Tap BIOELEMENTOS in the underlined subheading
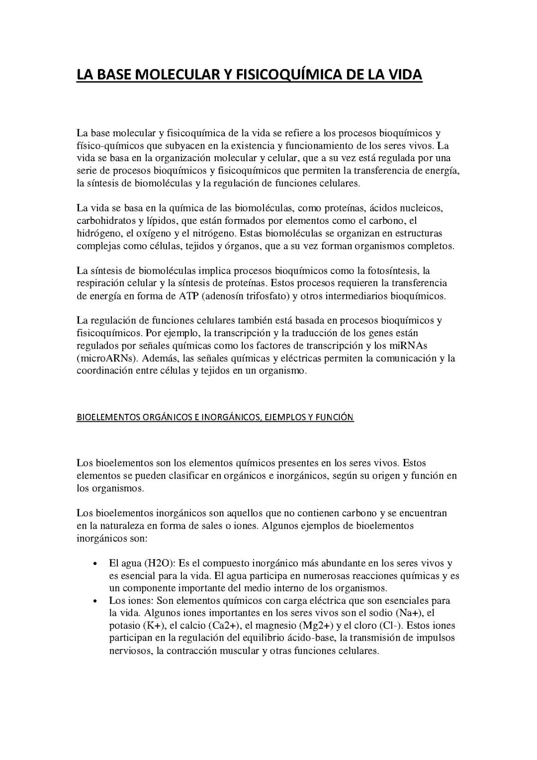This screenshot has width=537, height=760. pos(108,417)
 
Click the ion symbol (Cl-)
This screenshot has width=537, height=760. pos(390,625)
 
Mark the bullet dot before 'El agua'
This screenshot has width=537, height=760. pos(94,564)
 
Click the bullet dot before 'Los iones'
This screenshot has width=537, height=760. pos(94,601)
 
